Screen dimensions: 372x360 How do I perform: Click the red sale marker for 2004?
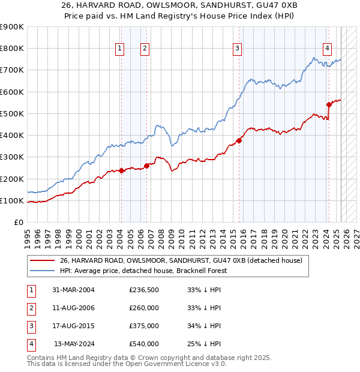coord(121,170)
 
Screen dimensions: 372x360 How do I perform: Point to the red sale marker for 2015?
coord(239,140)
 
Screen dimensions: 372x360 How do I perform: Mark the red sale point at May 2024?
coord(329,104)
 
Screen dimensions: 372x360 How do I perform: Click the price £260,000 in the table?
coord(144,308)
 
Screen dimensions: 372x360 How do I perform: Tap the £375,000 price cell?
coord(144,326)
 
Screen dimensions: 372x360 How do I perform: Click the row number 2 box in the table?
coord(31,308)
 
